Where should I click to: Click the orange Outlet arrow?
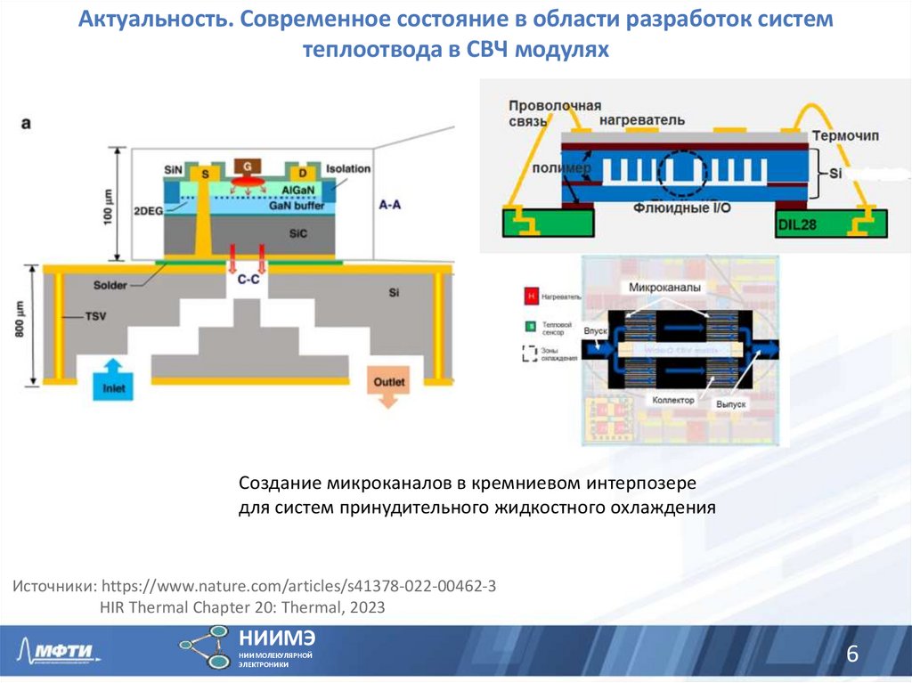[388, 387]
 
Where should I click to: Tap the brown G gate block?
[244, 167]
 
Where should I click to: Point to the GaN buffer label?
[297, 206]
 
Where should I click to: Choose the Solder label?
[110, 286]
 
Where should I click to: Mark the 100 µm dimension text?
[108, 206]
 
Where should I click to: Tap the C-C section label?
[248, 279]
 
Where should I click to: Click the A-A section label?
[389, 205]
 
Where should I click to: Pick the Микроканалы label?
[664, 288]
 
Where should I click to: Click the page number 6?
[851, 655]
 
